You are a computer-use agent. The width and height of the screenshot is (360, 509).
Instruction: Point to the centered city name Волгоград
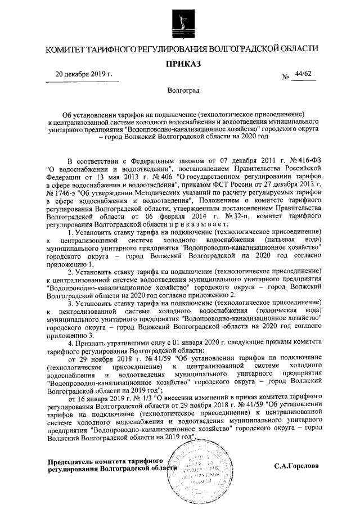point(183,89)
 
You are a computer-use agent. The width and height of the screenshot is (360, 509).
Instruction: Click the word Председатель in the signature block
point(70,461)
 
